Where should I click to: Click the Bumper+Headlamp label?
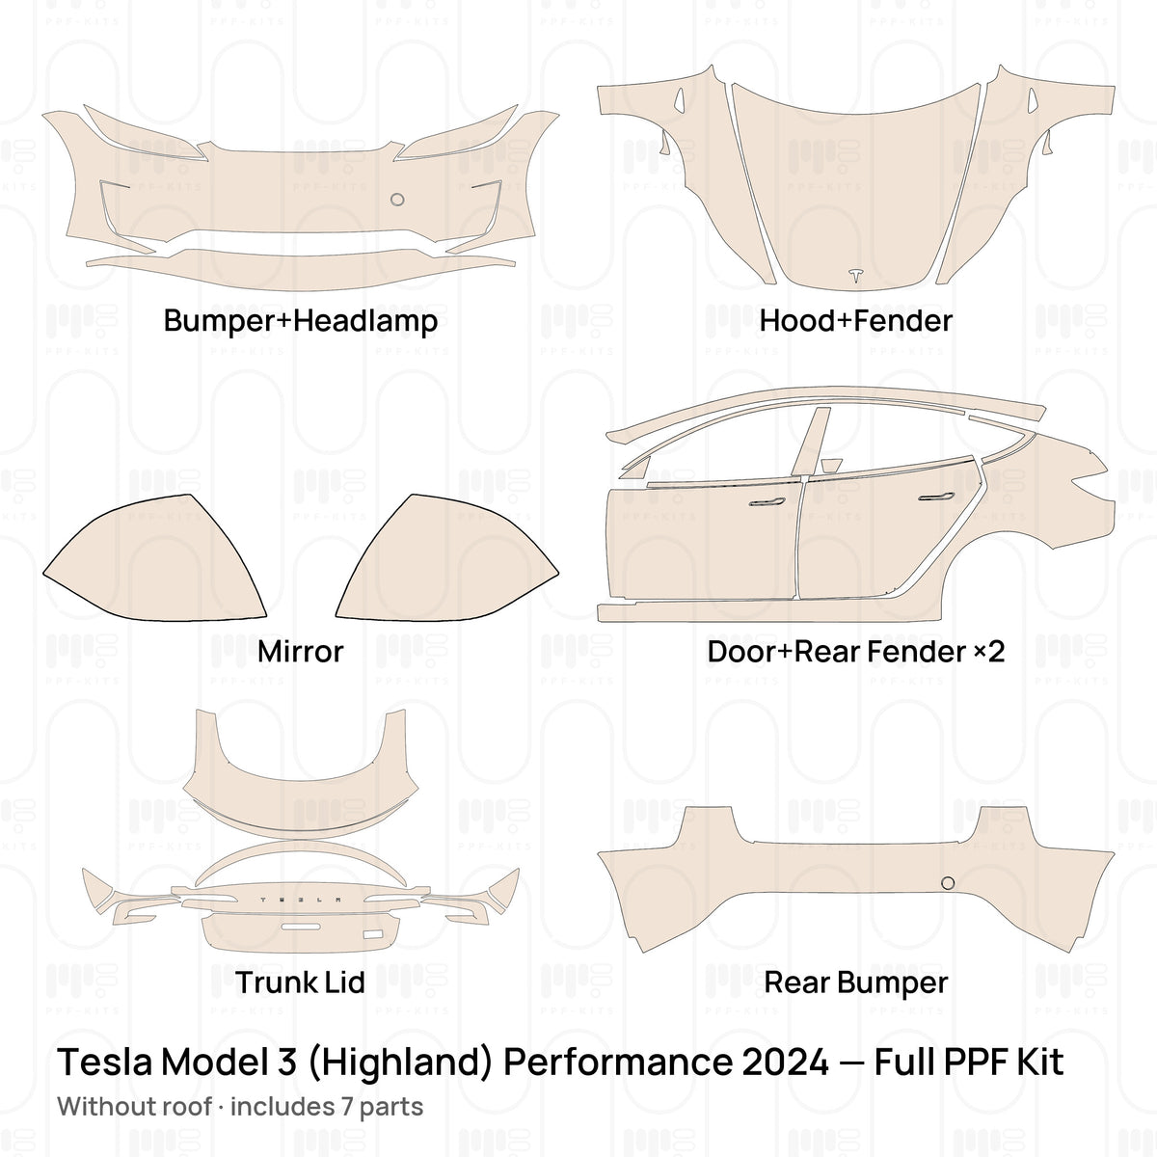pos(300,321)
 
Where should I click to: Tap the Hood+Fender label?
pos(855,321)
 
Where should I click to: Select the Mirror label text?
pos(300,652)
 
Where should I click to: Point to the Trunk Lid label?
pos(300,982)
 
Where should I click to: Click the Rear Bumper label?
pos(855,982)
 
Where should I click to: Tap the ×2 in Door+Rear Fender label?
pos(988,652)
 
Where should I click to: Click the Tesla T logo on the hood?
pos(855,275)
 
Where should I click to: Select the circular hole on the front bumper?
pos(397,200)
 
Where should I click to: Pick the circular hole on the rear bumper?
pos(948,882)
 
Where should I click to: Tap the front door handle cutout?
pos(767,502)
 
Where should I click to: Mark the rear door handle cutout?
pos(936,497)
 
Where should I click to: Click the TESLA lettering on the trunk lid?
pos(300,900)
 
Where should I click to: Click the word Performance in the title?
pos(618,1063)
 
